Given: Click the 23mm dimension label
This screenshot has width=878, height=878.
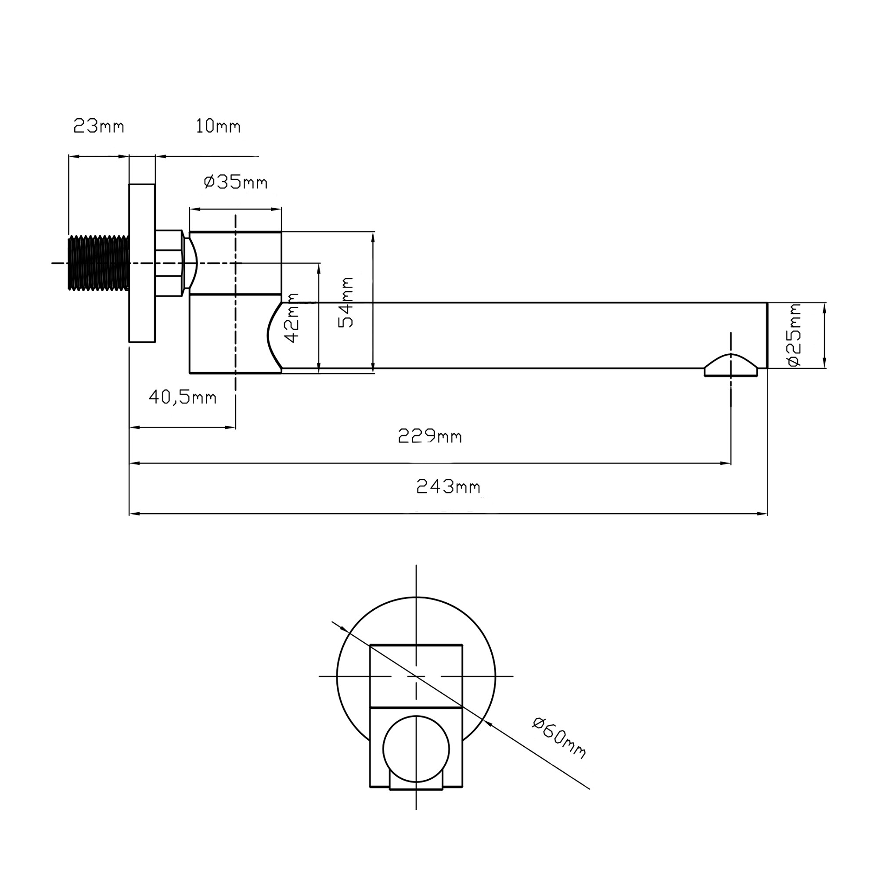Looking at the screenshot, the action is pos(99,126).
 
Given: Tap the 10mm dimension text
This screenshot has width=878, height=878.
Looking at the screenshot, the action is pos(218,126).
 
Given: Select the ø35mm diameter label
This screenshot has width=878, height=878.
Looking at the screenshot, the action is pos(235,182).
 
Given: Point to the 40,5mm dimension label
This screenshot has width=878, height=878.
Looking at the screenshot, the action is pos(182,398).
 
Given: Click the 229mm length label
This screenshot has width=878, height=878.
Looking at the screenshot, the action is pos(430,436).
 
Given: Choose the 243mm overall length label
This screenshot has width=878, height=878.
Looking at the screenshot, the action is pos(448,487).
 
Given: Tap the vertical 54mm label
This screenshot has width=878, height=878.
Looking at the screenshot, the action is pos(346,302).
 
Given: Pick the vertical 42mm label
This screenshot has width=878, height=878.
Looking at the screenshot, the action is pos(291,318).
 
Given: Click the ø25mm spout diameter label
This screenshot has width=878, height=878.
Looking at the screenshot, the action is pos(795,335).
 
